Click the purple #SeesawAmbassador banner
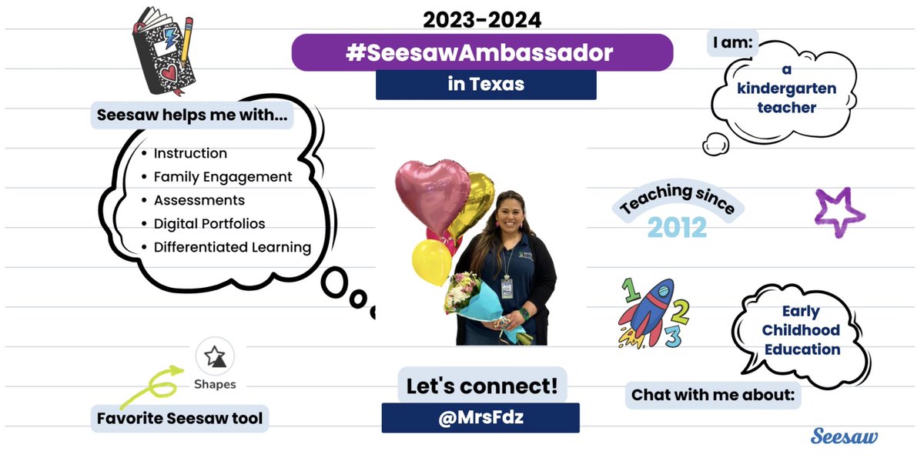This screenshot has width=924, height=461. coord(482,52)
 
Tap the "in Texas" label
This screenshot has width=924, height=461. coord(486,85)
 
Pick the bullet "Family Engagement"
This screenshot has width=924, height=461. coord(223,177)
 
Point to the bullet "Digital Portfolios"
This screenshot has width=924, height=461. coord(209,224)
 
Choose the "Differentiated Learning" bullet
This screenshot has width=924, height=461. coord(232,248)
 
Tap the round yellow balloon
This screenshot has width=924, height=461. coord(431,259)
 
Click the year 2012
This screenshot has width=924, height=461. coord(677,227)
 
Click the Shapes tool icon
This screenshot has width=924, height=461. coord(215,356)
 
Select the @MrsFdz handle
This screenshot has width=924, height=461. coord(480,418)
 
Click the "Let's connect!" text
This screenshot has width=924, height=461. coord(481,385)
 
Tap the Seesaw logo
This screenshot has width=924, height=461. coord(844,436)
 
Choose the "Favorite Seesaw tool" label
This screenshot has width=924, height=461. coord(179,419)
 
